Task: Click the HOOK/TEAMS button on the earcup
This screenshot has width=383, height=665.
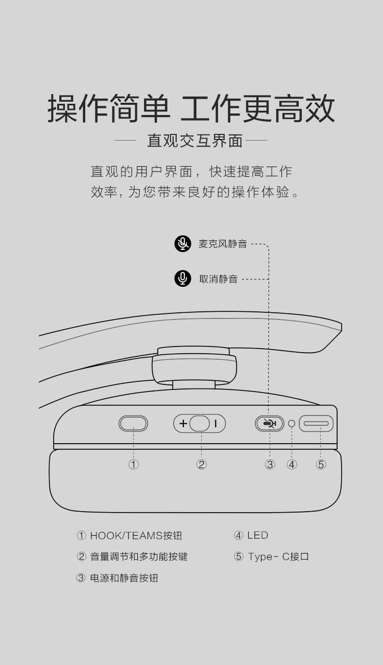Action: pyautogui.click(x=133, y=423)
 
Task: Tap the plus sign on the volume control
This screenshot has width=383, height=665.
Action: pyautogui.click(x=183, y=423)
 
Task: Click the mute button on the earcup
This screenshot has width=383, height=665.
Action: pyautogui.click(x=270, y=423)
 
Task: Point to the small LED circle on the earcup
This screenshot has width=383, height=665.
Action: pyautogui.click(x=292, y=423)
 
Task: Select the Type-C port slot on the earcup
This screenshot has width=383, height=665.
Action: pyautogui.click(x=316, y=423)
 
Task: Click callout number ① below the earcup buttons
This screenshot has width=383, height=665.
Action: pyautogui.click(x=133, y=464)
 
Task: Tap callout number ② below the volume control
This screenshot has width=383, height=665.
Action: pyautogui.click(x=201, y=464)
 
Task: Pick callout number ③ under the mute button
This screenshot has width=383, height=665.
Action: pyautogui.click(x=270, y=464)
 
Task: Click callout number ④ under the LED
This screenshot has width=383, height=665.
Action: pyautogui.click(x=292, y=464)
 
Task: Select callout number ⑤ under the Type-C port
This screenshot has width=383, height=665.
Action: pyautogui.click(x=321, y=464)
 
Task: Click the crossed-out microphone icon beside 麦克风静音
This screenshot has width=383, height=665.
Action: pyautogui.click(x=183, y=243)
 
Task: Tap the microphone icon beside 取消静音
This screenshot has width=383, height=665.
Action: pyautogui.click(x=183, y=279)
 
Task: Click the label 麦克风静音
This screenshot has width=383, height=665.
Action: pyautogui.click(x=223, y=244)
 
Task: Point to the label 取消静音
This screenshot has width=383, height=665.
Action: pyautogui.click(x=219, y=279)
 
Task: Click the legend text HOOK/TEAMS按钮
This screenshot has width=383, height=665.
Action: pyautogui.click(x=136, y=536)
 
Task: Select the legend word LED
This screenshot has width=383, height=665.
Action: pyautogui.click(x=257, y=535)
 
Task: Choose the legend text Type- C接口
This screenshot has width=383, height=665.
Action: pyautogui.click(x=278, y=556)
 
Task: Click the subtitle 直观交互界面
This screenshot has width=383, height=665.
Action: pyautogui.click(x=195, y=141)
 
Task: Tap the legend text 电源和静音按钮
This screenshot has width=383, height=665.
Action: pyautogui.click(x=124, y=578)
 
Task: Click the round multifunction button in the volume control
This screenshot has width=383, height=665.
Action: pyautogui.click(x=199, y=423)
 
